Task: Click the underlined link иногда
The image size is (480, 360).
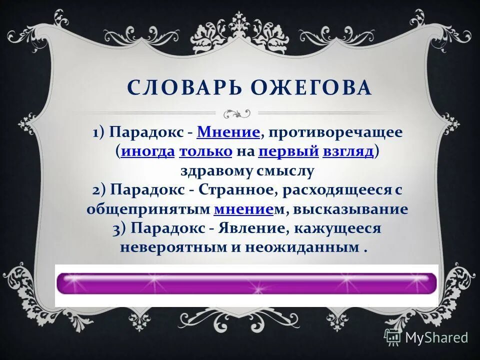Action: pos(147,152)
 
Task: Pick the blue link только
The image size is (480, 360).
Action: pos(205,152)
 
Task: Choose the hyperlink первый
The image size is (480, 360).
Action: pos(289,152)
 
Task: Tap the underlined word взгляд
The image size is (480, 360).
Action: pos(348,152)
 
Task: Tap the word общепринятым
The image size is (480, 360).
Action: pos(148,209)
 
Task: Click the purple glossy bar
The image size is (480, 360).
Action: pos(246,283)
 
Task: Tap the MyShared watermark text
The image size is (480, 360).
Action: pos(436,337)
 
